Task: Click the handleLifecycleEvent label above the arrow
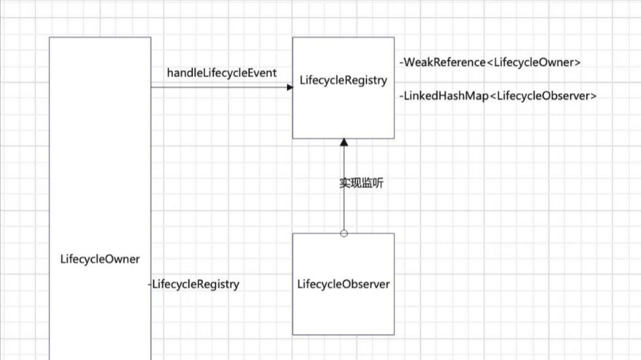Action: point(221,73)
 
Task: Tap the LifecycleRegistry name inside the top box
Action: point(343,80)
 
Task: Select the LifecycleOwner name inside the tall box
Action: point(100,259)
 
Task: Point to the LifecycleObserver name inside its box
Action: point(343,284)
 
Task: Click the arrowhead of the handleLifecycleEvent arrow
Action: point(289,87)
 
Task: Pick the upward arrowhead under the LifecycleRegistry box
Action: point(343,143)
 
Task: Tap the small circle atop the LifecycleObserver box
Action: point(343,233)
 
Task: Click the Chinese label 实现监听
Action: point(362,183)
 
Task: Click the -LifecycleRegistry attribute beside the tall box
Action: point(194,284)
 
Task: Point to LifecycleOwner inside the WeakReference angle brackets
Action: point(534,62)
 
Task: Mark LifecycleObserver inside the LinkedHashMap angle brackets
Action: point(543,96)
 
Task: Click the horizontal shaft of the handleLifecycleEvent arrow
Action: point(218,87)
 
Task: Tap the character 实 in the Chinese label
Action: point(345,183)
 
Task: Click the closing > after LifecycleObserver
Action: point(593,96)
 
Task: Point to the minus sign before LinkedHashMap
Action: point(401,96)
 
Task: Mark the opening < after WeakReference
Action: point(489,62)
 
